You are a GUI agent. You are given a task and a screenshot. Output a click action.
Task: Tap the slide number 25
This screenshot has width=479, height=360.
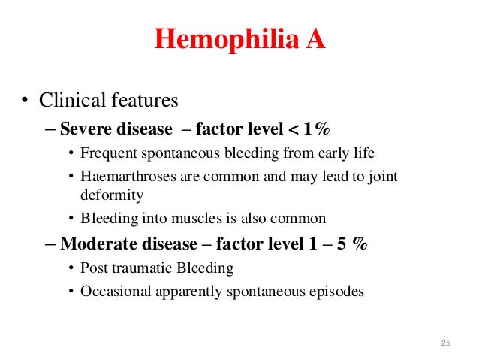[x=445, y=343]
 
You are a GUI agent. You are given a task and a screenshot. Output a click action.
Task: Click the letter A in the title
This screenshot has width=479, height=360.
[x=315, y=40]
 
